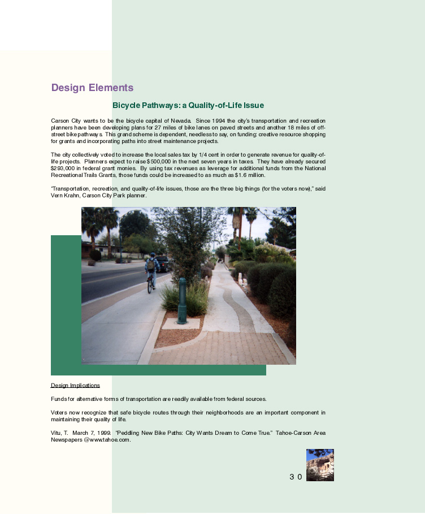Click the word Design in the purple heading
(x=67, y=88)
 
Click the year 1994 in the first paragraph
(x=219, y=121)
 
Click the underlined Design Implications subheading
(x=75, y=386)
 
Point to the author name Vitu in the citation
(x=57, y=433)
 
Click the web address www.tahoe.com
(x=110, y=440)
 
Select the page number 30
(x=296, y=477)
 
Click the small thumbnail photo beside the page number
(x=320, y=465)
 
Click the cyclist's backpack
(x=151, y=265)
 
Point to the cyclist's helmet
(x=151, y=255)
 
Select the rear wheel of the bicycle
(x=150, y=286)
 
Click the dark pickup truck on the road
(x=162, y=264)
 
